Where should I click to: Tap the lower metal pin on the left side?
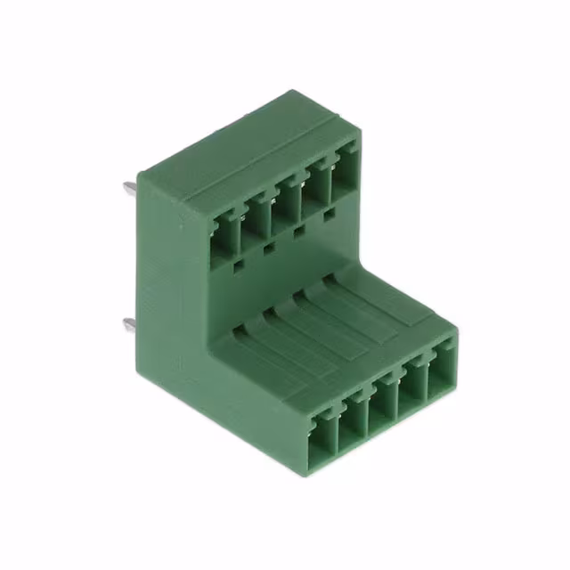click(130, 324)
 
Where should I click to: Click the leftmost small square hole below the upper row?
click(237, 265)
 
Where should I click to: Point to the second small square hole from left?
click(268, 249)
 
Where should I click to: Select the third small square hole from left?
click(298, 235)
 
